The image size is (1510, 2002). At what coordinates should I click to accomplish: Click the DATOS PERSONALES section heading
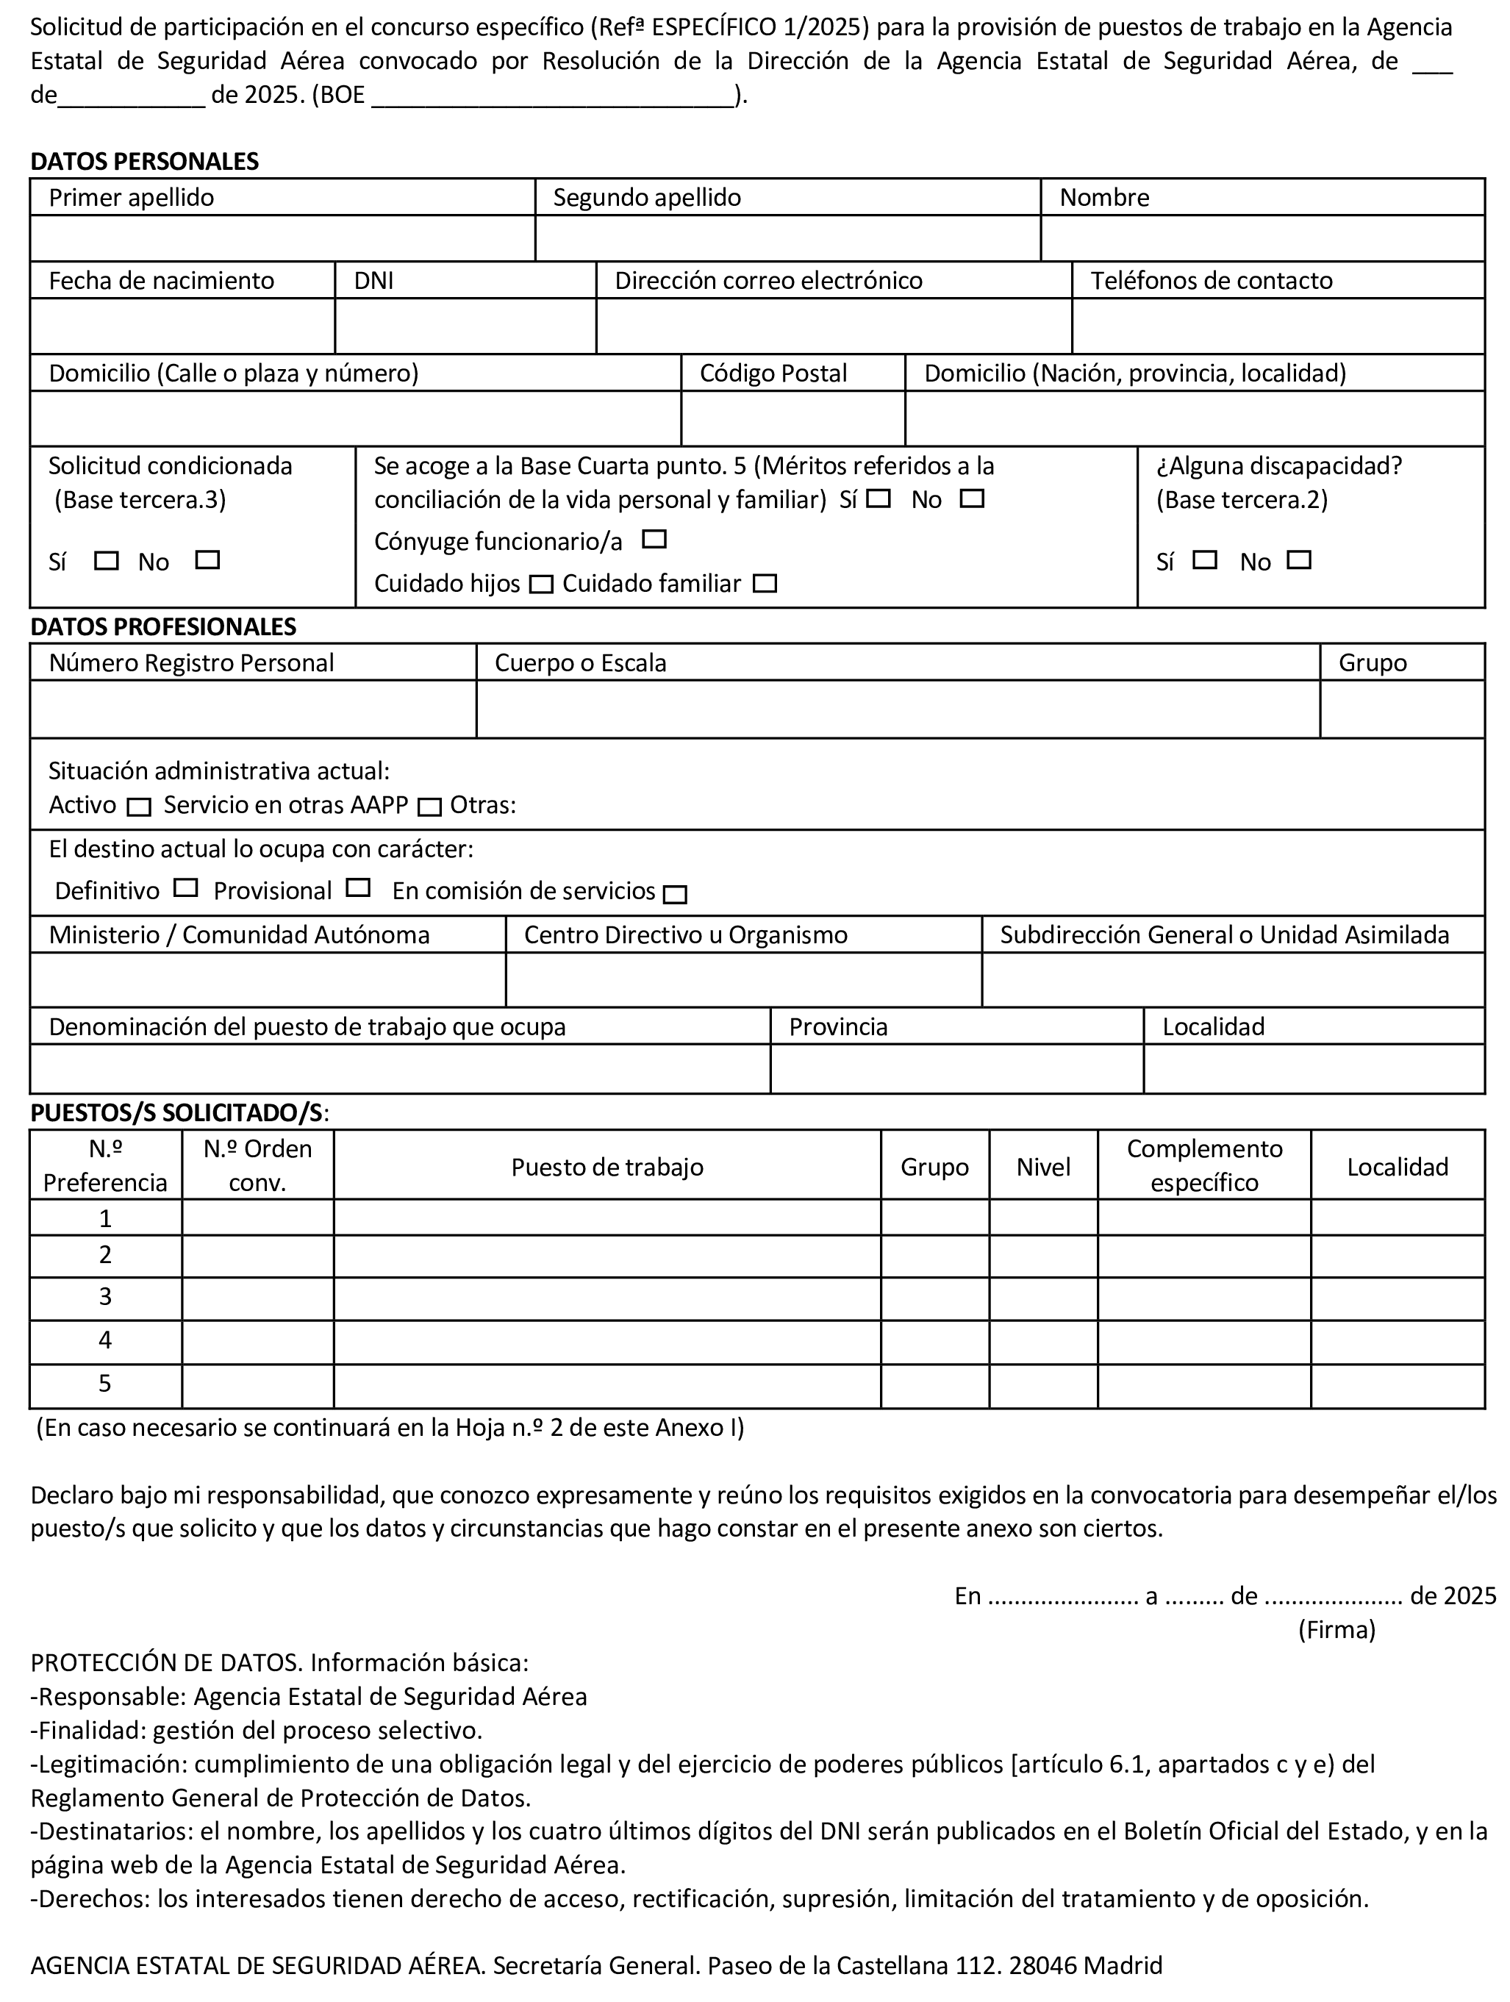pos(145,161)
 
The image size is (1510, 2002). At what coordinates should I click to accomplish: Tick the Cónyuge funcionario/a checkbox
pos(654,540)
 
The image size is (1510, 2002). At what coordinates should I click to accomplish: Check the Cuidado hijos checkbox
pos(541,584)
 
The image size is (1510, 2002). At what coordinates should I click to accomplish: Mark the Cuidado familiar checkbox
pos(765,584)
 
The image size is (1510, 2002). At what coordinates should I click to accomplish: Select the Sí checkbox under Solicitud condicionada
pos(107,561)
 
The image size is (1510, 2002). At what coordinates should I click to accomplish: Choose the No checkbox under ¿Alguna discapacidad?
pos(1299,560)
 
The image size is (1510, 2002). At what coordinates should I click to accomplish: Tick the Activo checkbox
pos(138,807)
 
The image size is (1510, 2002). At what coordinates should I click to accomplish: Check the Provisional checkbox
pos(358,888)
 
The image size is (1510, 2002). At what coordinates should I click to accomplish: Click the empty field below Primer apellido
pos(282,239)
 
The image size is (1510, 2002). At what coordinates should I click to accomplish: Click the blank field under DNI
pos(465,326)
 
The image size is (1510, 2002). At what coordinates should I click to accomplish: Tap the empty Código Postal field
pos(792,418)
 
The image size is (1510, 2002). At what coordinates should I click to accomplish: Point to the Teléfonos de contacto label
pos(1211,281)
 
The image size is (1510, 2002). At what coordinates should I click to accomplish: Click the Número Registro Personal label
pos(191,663)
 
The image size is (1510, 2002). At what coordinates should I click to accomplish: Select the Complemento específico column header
pos(1203,1166)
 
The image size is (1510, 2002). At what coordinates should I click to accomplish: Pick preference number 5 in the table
pos(105,1384)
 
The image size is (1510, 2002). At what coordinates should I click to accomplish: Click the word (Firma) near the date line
pos(1337,1629)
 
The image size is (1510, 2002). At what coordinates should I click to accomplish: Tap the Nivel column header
pos(1043,1167)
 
